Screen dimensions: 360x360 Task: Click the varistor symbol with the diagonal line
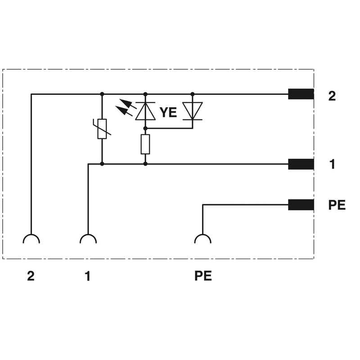102,129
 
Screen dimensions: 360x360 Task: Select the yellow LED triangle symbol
145,111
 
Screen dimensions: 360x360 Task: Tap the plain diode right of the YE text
193,111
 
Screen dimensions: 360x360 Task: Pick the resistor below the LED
145,144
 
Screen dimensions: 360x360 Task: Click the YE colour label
168,112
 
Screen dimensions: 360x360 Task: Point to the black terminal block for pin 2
301,94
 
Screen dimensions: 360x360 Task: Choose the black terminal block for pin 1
301,164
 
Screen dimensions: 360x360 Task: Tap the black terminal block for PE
301,205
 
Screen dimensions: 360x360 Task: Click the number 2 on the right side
332,96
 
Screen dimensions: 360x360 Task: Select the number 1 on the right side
332,165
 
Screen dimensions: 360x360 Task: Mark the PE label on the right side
336,205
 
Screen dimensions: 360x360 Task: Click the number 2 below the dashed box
31,276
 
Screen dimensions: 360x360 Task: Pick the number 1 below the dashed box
88,276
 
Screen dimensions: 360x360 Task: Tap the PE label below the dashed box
203,276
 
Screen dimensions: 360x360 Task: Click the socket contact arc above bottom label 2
31,238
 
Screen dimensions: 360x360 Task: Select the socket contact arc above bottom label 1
88,238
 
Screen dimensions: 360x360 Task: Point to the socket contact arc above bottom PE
202,238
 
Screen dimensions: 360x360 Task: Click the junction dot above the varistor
102,94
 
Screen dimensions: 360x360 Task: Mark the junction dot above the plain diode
193,94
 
